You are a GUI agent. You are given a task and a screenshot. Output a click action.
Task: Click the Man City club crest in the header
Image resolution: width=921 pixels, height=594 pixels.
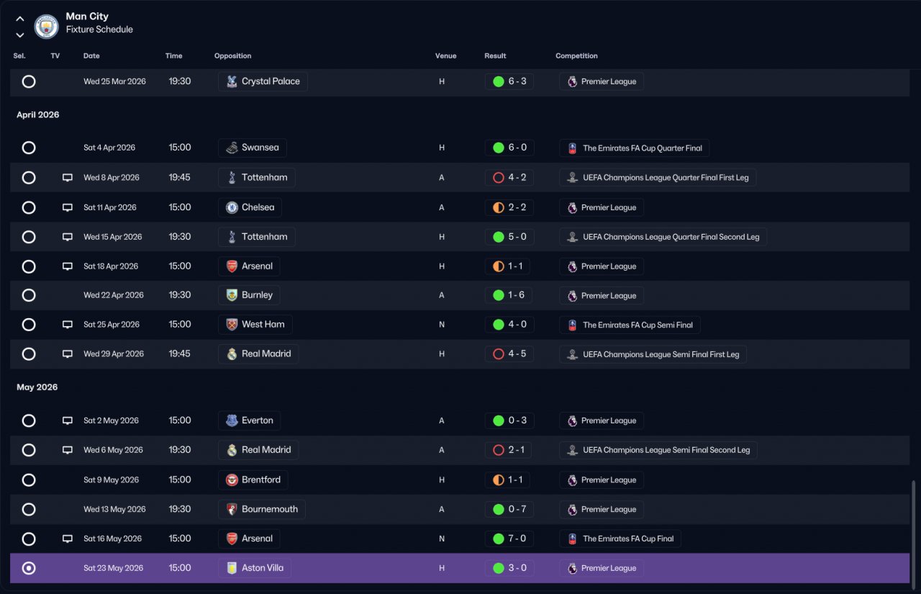pos(46,27)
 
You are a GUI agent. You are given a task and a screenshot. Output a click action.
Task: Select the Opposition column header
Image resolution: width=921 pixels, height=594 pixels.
pos(232,55)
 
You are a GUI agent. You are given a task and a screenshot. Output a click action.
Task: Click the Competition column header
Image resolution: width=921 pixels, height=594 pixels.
pos(576,55)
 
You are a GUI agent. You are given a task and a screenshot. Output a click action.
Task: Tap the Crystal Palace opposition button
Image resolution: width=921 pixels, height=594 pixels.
pos(263,81)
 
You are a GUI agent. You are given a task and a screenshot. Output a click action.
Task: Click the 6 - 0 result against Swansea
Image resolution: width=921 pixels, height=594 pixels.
pos(509,148)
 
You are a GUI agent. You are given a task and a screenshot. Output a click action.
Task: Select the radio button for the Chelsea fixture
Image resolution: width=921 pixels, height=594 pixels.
pos(28,207)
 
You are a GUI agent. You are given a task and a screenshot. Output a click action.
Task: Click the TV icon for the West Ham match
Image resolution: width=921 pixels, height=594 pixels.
pos(68,325)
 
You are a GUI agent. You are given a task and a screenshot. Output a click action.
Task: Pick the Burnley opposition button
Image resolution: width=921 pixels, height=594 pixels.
pos(249,295)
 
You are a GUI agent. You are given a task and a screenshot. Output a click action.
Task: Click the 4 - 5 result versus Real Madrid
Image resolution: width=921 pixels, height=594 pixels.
pos(509,354)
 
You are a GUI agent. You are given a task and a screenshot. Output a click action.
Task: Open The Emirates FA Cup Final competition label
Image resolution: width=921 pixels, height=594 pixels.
pos(620,539)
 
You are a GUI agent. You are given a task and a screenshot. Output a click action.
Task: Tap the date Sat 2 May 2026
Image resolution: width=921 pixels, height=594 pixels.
pos(111,420)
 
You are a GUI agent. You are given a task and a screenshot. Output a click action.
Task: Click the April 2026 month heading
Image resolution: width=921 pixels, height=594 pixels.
pos(38,114)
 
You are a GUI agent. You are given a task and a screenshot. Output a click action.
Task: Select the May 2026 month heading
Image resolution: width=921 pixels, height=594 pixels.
pos(37,387)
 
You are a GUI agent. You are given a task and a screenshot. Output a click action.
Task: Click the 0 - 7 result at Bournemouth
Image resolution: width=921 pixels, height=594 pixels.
pos(509,509)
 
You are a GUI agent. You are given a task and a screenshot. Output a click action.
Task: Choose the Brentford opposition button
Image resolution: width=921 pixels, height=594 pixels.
pos(253,480)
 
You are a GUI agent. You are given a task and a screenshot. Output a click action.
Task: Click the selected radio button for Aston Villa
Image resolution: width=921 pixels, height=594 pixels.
pos(28,568)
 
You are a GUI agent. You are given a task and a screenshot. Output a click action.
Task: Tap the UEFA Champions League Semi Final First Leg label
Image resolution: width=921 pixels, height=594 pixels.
pos(653,354)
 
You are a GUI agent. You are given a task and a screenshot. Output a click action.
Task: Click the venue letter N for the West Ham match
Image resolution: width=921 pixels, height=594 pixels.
pos(442,325)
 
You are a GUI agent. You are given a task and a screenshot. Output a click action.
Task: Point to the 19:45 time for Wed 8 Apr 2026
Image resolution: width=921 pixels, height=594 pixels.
pos(180,177)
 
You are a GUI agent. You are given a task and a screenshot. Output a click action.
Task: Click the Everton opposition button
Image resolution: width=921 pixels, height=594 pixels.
pos(249,420)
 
